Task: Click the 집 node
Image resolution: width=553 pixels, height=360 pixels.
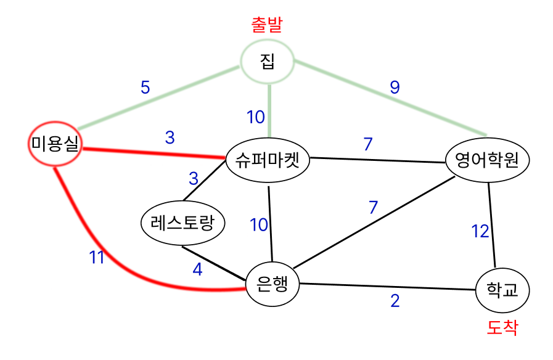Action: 268,62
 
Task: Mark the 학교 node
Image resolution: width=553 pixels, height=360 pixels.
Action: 502,288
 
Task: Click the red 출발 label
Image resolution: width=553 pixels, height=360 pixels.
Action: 269,25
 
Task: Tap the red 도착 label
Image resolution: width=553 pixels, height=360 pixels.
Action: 502,327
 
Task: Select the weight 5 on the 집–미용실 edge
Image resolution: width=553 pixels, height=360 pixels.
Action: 145,88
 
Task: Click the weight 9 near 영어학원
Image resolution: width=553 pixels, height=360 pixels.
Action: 395,88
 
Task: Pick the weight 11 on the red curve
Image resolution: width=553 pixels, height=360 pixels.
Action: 97,258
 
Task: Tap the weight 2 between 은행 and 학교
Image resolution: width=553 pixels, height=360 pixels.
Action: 395,301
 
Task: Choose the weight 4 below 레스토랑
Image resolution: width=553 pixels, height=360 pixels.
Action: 197,269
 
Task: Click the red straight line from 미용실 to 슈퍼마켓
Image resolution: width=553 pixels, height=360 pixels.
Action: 154,153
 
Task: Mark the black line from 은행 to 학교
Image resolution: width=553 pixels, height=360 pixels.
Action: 388,287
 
